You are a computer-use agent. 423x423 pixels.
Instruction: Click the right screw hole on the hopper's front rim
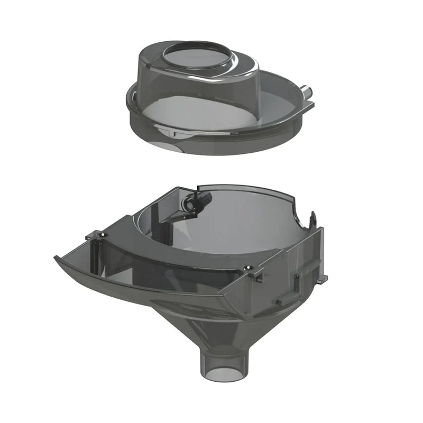point(246,270)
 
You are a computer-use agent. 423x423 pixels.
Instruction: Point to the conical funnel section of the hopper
point(222,323)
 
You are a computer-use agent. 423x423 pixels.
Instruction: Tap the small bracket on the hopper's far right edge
point(323,277)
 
